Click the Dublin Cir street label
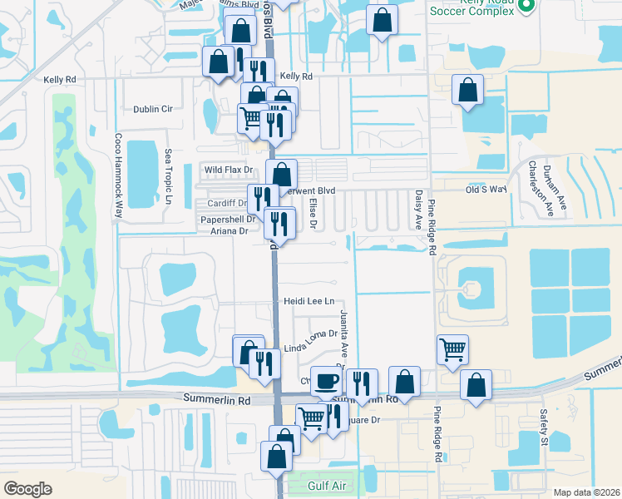(152, 109)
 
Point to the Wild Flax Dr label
(228, 170)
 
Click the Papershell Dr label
(228, 219)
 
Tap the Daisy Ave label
(417, 209)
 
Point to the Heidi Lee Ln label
(309, 301)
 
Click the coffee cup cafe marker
(325, 380)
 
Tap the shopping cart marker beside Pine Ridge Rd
(452, 348)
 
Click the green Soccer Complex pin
(525, 7)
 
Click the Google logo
(27, 488)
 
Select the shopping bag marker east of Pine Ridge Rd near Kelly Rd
(467, 89)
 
